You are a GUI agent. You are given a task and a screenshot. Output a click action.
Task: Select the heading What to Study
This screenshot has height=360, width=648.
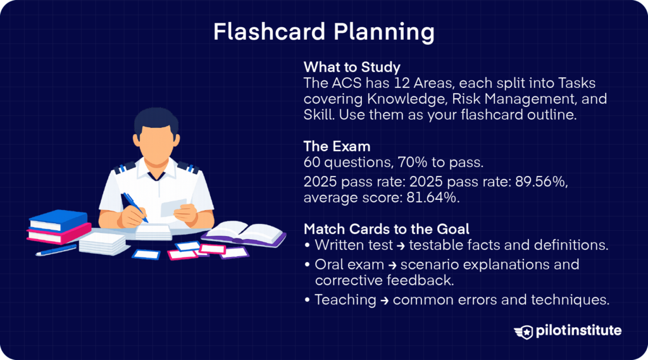tap(352, 66)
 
